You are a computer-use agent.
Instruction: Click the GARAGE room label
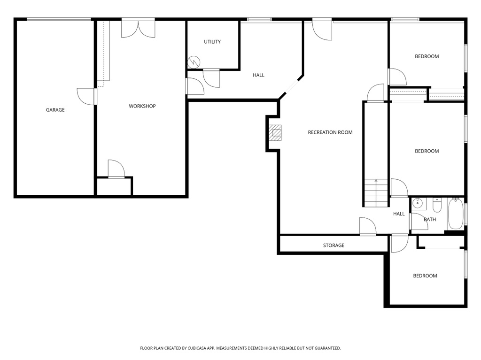[x=55, y=110]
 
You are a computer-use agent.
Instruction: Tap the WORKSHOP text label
[x=142, y=106]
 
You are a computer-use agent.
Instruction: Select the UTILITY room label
[x=212, y=42]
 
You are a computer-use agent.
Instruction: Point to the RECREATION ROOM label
[x=330, y=132]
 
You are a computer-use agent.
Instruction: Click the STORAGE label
[x=334, y=245]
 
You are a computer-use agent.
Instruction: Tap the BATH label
[x=430, y=219]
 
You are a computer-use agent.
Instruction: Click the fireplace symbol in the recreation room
[x=275, y=132]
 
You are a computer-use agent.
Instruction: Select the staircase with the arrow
[x=376, y=192]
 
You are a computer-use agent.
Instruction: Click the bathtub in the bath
[x=455, y=214]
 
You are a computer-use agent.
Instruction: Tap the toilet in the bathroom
[x=437, y=205]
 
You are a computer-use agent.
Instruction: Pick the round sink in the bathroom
[x=418, y=204]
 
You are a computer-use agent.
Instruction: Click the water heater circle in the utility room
[x=194, y=62]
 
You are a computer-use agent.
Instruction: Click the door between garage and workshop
[x=87, y=96]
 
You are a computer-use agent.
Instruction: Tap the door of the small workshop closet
[x=116, y=169]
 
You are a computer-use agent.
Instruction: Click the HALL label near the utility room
[x=258, y=75]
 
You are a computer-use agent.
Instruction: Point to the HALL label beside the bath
[x=399, y=214]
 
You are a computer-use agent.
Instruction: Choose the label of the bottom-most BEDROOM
[x=425, y=276]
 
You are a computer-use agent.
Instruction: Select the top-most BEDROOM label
[x=427, y=56]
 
